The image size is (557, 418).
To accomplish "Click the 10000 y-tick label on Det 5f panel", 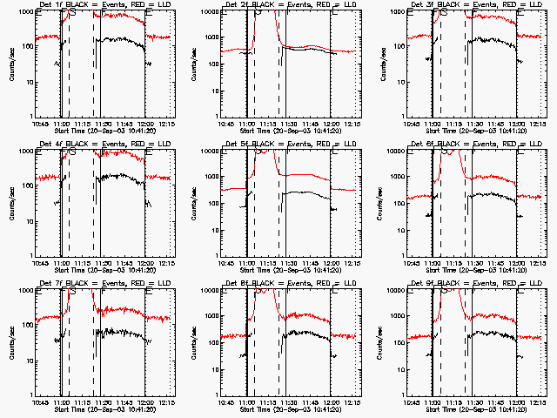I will click(x=211, y=152).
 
